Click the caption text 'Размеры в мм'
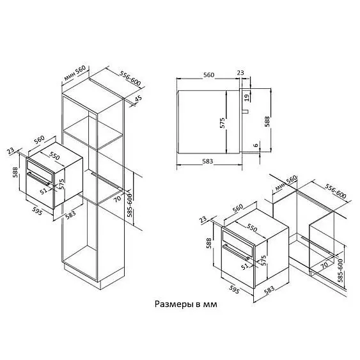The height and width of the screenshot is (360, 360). click(x=185, y=304)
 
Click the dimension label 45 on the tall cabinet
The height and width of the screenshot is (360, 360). click(x=138, y=99)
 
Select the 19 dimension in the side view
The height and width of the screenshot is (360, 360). click(x=247, y=98)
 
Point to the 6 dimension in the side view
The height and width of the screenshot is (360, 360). click(x=256, y=145)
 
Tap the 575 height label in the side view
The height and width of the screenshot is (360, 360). click(x=223, y=123)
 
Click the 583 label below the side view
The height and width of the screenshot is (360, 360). click(x=208, y=161)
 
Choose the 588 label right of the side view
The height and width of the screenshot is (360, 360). click(x=267, y=121)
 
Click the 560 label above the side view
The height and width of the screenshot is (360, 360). click(x=208, y=75)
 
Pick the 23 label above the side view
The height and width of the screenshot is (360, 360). click(x=240, y=73)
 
